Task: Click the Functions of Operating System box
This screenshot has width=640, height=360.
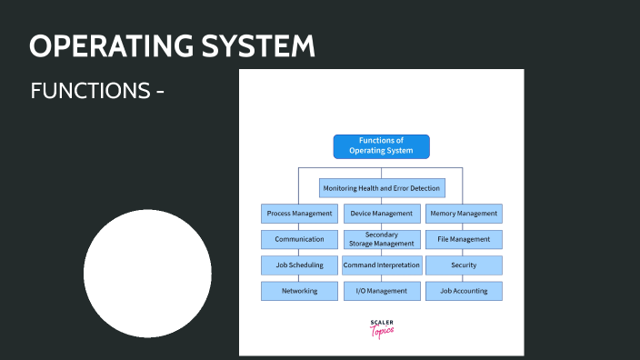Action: click(x=381, y=146)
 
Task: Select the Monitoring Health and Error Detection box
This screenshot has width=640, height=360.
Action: click(x=382, y=188)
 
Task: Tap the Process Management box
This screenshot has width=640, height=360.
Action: click(x=299, y=214)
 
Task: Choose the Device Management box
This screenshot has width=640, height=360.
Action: click(x=382, y=214)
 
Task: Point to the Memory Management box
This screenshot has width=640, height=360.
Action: click(x=464, y=214)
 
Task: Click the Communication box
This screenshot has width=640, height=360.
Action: click(x=299, y=239)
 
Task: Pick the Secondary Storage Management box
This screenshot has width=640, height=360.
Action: click(x=382, y=239)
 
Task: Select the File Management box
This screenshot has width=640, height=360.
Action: click(x=464, y=239)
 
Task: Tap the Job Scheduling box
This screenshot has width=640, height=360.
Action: click(x=299, y=265)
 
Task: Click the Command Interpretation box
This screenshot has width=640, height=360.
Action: click(x=382, y=265)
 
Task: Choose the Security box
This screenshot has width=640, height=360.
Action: click(x=464, y=265)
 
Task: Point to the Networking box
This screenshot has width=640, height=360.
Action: click(x=299, y=291)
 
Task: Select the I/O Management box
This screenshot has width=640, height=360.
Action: click(x=382, y=291)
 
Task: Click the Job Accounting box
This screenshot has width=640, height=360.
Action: click(x=464, y=291)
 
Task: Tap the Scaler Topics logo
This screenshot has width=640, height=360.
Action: click(x=382, y=328)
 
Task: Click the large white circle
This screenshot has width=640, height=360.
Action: click(x=147, y=273)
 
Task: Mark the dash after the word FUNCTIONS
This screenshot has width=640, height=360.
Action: click(x=159, y=92)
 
